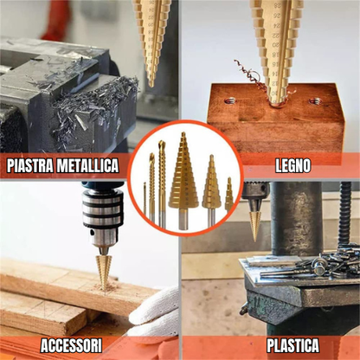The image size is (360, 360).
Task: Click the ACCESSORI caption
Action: coord(71,345)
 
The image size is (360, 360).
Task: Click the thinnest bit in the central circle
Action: coord(145,203)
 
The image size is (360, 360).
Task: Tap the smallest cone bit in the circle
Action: coord(228,196)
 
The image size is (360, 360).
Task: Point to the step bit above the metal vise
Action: coord(152,39)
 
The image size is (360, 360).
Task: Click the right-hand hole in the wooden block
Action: coord(315,101)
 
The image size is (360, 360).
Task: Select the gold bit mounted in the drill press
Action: coord(254,221)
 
